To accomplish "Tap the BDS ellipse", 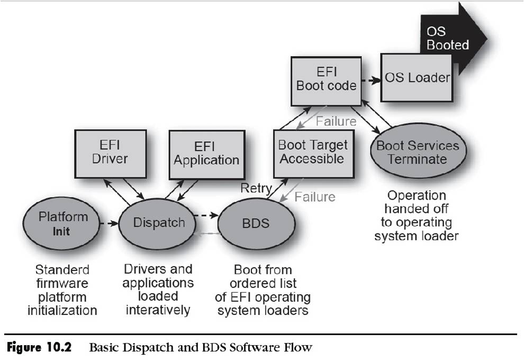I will tap(256, 223).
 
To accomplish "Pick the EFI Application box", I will tap(206, 154).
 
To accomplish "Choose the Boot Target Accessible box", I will tap(313, 152).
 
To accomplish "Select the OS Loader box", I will tap(417, 78).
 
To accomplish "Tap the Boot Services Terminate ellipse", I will tap(418, 152).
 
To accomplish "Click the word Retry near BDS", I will tap(256, 188).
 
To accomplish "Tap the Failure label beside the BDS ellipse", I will tap(315, 197).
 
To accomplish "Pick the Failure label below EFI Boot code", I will tap(336, 122).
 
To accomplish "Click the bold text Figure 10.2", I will tap(37, 348).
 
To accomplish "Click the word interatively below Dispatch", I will tap(157, 310).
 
